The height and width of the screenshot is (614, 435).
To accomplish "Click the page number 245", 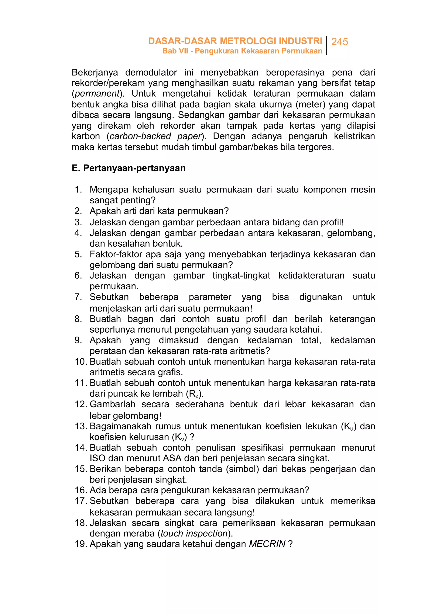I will pos(339,42).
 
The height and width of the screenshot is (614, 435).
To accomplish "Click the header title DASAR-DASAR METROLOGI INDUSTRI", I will pos(235,41).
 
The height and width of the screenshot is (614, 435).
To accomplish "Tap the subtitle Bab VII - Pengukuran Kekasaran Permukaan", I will pos(242,51).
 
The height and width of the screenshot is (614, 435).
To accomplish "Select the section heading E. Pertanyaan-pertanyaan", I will pos(129,168).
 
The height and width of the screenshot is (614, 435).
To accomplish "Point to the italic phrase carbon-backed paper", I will pos(155,136).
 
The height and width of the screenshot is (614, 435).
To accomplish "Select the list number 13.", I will pos(81,426).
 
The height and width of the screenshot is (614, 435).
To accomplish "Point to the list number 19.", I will pos(81,544).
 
